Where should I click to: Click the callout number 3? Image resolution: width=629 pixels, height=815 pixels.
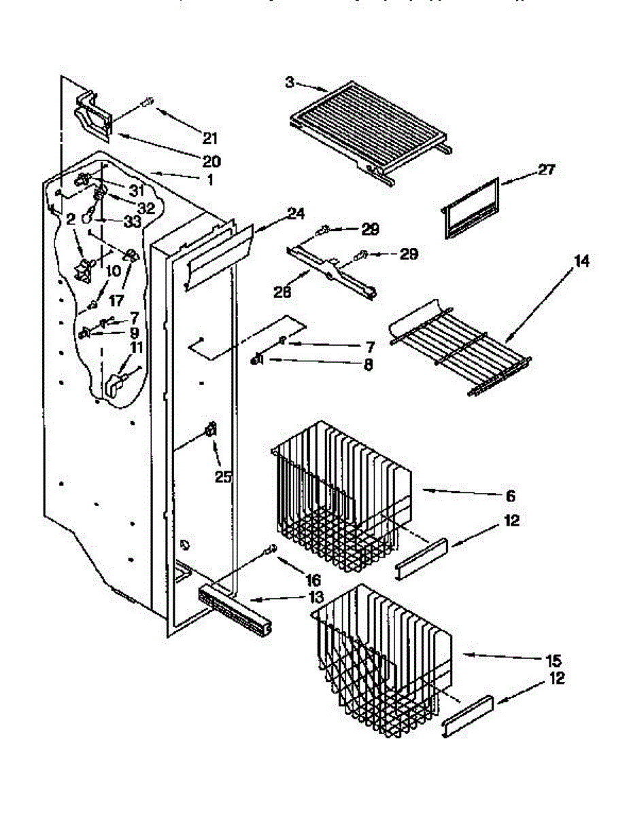(290, 82)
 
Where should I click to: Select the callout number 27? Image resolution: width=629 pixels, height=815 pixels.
(545, 170)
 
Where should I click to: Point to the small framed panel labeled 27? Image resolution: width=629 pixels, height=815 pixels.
(470, 209)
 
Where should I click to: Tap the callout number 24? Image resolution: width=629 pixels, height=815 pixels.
(294, 213)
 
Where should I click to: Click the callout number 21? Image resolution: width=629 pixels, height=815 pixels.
(209, 139)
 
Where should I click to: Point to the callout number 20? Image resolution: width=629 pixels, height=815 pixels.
(211, 162)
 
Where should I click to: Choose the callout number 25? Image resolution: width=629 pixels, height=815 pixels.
(222, 477)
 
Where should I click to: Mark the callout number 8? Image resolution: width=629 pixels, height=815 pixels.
(368, 364)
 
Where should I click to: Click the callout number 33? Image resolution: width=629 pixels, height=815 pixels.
(133, 222)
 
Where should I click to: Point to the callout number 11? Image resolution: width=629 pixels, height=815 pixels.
(136, 348)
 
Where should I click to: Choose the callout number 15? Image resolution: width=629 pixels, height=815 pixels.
(551, 659)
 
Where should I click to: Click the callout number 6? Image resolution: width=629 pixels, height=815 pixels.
(510, 496)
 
